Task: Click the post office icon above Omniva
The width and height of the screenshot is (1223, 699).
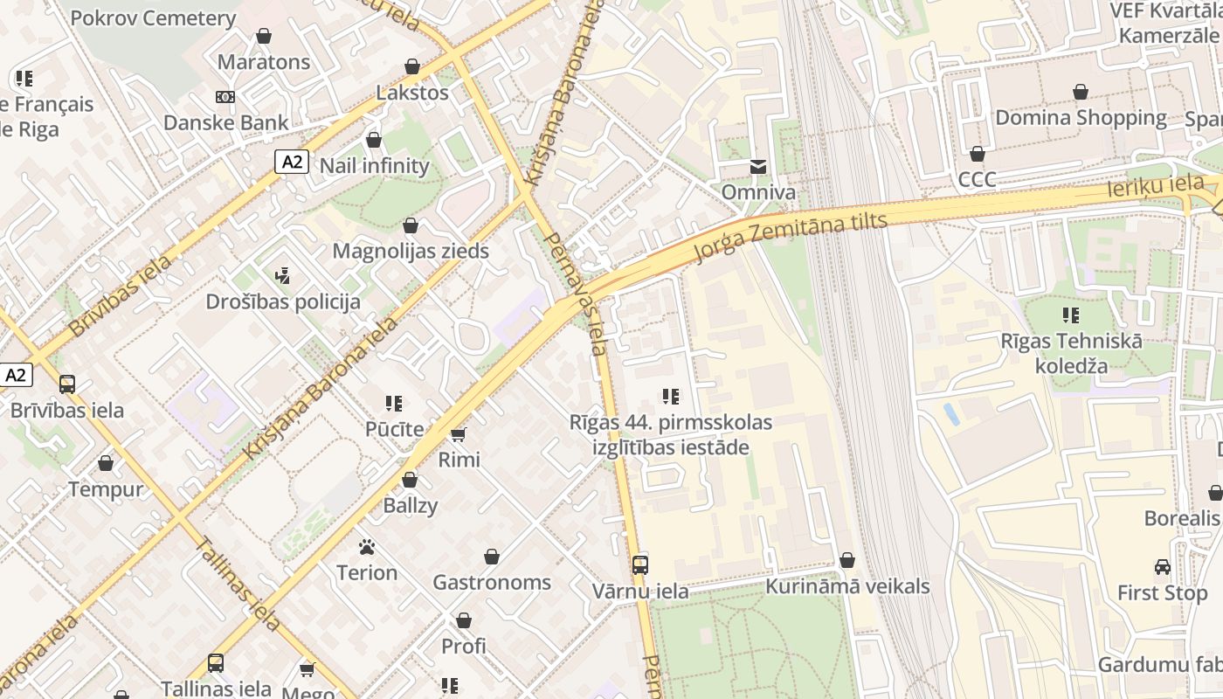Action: (x=757, y=166)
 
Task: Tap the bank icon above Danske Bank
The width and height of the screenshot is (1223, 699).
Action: (x=225, y=97)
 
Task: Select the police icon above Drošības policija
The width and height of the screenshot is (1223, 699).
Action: (x=281, y=277)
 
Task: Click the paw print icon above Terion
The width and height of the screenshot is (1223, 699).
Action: (x=367, y=548)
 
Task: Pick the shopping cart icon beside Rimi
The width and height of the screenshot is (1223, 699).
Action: (x=458, y=434)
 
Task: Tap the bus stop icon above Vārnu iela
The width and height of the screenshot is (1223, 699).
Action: (x=640, y=565)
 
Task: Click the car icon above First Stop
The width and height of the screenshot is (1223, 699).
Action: (x=1162, y=567)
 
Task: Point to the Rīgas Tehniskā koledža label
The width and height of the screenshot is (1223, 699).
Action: (x=1071, y=353)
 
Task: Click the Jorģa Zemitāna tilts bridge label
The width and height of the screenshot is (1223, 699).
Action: (x=791, y=237)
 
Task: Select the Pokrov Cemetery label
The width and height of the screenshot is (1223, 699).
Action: (x=153, y=18)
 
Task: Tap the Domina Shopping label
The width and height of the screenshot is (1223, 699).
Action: (x=1081, y=117)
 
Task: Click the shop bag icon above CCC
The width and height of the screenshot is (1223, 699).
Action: (x=977, y=154)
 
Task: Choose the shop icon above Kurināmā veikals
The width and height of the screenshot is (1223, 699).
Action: (x=846, y=560)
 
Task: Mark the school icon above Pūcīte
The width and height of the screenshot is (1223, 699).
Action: (x=394, y=404)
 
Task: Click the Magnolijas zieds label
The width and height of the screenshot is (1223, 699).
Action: (x=411, y=251)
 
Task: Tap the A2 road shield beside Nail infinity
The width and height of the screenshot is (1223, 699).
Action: (x=293, y=162)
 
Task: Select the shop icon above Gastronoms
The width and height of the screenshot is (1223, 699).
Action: (x=492, y=557)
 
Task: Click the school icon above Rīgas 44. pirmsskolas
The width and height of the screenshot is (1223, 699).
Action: (x=671, y=397)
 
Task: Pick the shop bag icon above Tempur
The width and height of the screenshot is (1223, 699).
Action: (x=106, y=463)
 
